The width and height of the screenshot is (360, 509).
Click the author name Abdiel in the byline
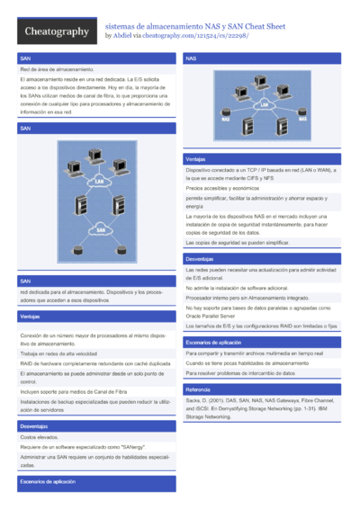coord(122,36)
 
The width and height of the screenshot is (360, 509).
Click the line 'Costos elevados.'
coord(40,436)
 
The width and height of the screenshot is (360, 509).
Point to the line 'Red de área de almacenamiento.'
coord(58,69)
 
